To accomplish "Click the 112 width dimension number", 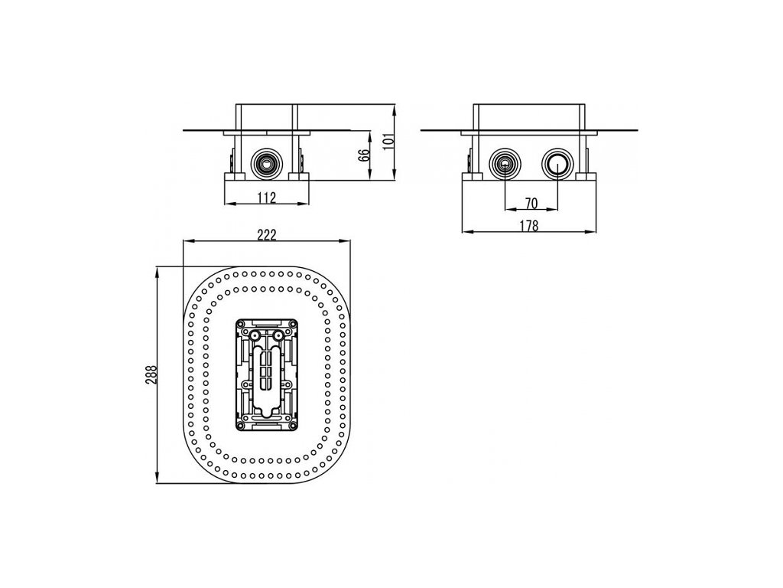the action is (265, 198).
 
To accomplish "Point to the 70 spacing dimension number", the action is (531, 203).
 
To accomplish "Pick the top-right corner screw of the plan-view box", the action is (293, 324).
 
